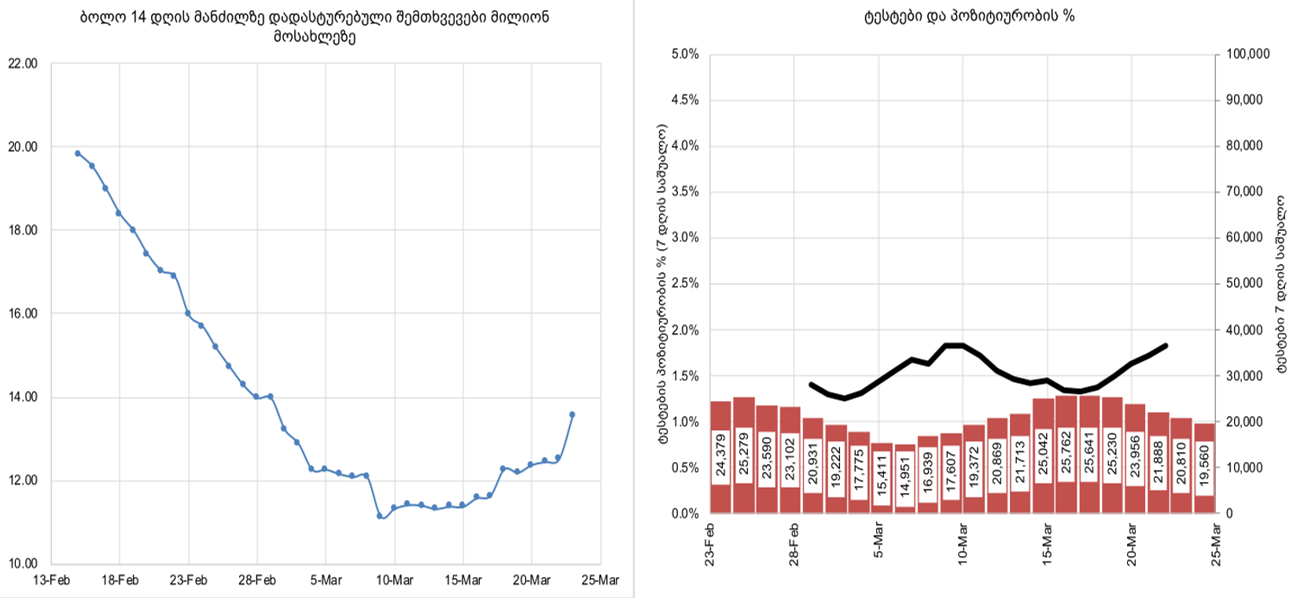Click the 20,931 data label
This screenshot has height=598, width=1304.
812,463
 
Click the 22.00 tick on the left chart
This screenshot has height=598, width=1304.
23,64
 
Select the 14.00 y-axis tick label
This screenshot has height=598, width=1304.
23,397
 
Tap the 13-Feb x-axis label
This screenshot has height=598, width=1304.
51,581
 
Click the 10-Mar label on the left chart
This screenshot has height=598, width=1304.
394,581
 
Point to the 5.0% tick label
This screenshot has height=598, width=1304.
685,54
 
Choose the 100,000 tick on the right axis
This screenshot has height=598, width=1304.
1248,54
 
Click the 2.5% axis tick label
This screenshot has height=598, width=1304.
685,284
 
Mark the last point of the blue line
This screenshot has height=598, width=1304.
572,415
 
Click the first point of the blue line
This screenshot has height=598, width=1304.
78,153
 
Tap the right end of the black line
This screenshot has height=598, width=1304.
1165,345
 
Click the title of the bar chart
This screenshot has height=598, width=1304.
968,16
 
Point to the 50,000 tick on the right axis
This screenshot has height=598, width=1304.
1245,284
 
